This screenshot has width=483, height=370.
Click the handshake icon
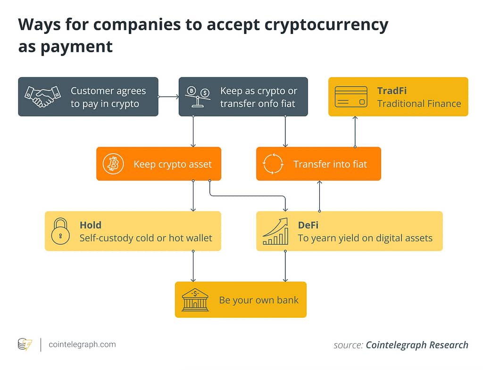click(x=43, y=96)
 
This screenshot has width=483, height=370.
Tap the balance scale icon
click(x=198, y=96)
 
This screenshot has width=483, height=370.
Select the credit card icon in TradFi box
click(x=351, y=96)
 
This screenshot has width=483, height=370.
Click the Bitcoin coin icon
click(x=113, y=164)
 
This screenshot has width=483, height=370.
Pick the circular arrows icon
click(x=273, y=164)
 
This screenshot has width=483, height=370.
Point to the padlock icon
click(x=61, y=231)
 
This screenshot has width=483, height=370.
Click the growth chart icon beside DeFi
click(x=275, y=231)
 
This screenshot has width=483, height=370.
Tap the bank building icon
click(x=195, y=300)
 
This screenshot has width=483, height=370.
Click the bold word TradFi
click(x=392, y=90)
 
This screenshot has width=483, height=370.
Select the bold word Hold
click(x=91, y=225)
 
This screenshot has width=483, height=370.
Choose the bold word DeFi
click(x=308, y=225)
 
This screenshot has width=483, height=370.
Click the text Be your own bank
click(x=258, y=300)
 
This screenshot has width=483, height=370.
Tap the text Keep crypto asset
click(x=173, y=164)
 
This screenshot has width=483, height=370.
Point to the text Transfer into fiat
click(x=330, y=164)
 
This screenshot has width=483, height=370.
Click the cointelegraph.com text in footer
click(x=82, y=345)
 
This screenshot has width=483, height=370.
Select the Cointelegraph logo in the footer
click(x=25, y=345)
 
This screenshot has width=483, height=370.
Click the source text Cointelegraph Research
click(x=417, y=345)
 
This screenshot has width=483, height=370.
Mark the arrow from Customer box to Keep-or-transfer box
click(x=168, y=97)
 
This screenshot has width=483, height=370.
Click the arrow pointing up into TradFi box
click(x=355, y=132)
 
